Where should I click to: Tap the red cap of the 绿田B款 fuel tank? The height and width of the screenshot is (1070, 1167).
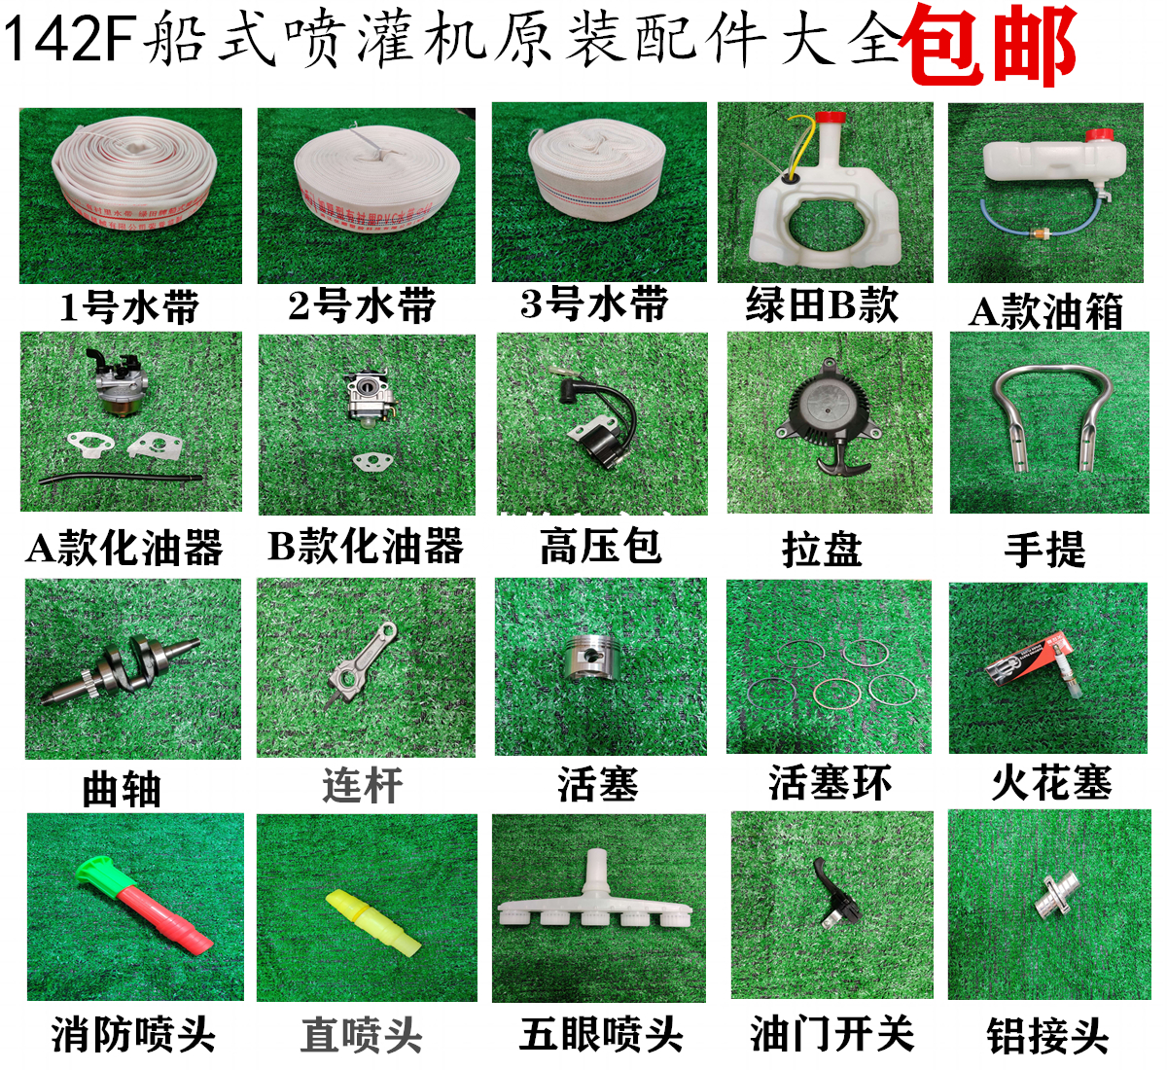pos(828,123)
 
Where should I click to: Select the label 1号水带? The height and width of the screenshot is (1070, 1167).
pos(129,307)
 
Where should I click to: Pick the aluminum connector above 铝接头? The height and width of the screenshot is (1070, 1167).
pos(1051,896)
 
